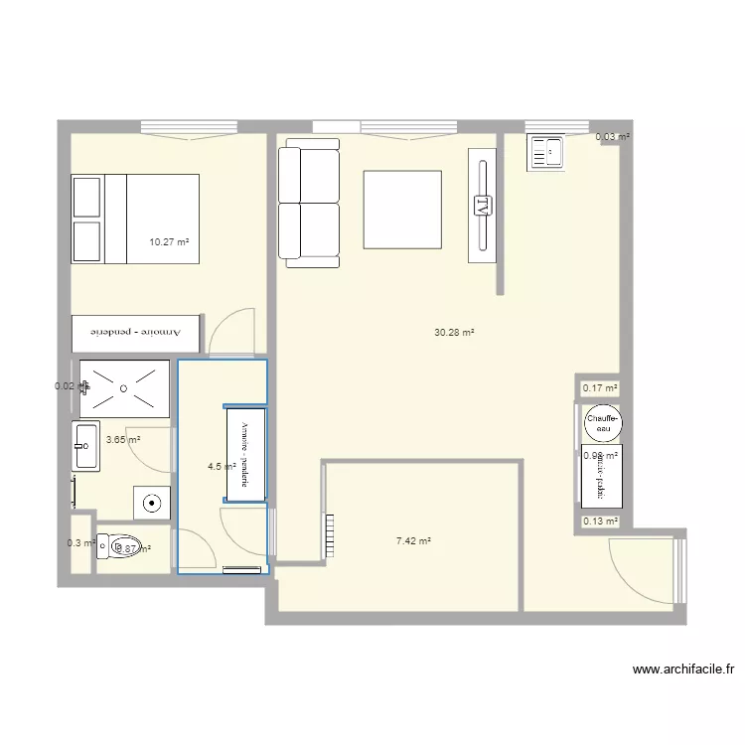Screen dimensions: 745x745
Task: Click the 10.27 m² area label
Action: [x=169, y=241]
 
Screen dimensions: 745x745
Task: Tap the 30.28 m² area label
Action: [x=454, y=333]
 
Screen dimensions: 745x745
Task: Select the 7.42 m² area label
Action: [x=413, y=541]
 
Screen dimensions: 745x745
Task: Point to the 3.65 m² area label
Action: [x=122, y=440]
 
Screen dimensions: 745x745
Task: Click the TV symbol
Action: [x=482, y=207]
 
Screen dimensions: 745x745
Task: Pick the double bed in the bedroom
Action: [x=135, y=220]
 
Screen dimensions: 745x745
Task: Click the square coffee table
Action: [x=402, y=210]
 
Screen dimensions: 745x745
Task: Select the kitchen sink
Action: [x=545, y=152]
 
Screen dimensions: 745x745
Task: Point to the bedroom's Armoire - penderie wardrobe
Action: [x=136, y=332]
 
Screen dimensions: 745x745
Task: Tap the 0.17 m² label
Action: [x=600, y=388]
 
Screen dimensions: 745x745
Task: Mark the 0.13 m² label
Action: [x=600, y=521]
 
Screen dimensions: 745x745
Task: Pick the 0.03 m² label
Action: [x=612, y=136]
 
